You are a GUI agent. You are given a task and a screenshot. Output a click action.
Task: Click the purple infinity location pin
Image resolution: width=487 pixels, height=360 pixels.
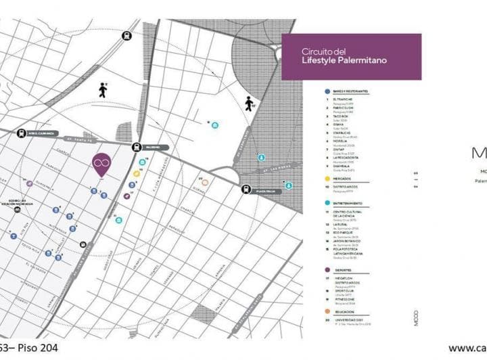pyautogui.click(x=101, y=163)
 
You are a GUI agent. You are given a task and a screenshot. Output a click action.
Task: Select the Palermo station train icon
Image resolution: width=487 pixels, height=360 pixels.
pyautogui.click(x=137, y=147)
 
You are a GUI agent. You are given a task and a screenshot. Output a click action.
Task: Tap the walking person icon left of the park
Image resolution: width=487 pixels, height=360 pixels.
pyautogui.click(x=103, y=90)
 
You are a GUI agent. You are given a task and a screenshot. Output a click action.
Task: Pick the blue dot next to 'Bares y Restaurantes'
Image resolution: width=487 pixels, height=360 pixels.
pyautogui.click(x=328, y=91)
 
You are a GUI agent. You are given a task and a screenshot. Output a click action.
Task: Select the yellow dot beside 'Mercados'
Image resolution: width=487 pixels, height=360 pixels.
pyautogui.click(x=328, y=179)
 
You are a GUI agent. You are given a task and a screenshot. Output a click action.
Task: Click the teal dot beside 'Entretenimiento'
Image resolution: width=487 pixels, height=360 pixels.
pyautogui.click(x=328, y=203)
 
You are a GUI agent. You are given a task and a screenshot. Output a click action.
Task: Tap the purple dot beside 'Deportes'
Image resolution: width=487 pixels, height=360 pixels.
pyautogui.click(x=328, y=269)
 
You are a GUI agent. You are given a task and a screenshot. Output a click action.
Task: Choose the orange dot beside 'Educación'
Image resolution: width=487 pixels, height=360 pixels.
pyautogui.click(x=328, y=311)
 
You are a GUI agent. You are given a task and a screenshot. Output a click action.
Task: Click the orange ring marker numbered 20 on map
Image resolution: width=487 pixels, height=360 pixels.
pyautogui.click(x=205, y=182)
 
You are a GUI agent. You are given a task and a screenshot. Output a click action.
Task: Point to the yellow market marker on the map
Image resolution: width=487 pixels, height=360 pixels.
pyautogui.click(x=137, y=173)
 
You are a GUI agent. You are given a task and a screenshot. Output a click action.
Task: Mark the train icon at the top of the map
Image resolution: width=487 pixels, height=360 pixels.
pyautogui.click(x=126, y=36)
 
